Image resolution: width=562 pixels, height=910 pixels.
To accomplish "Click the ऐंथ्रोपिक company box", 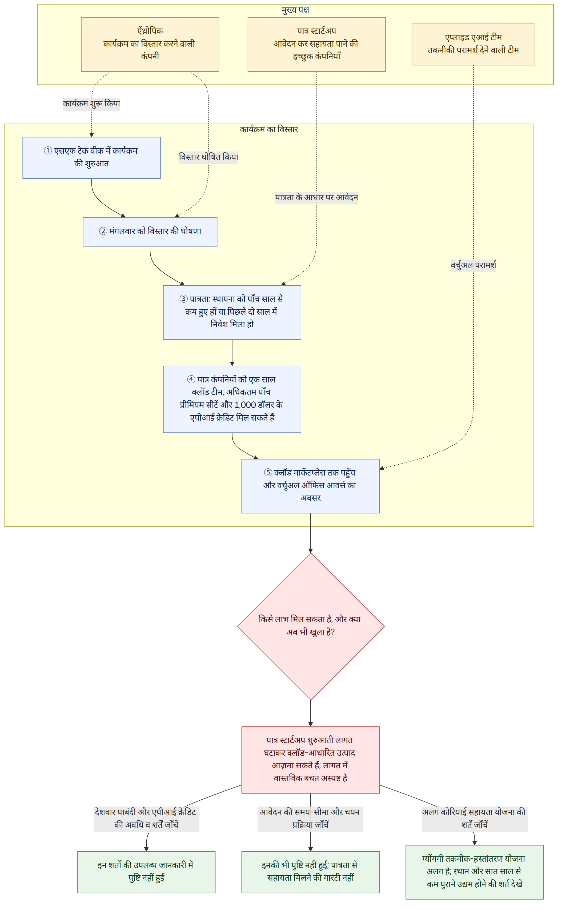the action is tap(150, 44).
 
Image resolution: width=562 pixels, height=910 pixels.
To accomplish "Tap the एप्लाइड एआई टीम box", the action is tap(473, 44).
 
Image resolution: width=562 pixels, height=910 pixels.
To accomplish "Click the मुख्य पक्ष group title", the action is tap(295, 10).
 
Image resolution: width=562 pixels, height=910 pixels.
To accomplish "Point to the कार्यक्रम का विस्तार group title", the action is tap(269, 129).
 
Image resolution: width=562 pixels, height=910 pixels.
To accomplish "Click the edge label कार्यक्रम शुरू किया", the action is tap(91, 104).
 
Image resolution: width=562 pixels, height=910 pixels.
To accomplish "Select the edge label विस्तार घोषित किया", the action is tap(208, 157).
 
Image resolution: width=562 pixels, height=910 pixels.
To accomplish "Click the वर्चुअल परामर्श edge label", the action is tap(473, 265).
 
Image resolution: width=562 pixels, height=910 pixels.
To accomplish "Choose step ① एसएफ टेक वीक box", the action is tap(91, 158).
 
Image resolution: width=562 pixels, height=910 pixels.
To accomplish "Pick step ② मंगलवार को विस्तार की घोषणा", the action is tap(150, 232).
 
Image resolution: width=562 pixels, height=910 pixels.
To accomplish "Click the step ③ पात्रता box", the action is tap(232, 312).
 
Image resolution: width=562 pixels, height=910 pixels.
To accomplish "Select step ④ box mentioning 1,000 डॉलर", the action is tap(232, 399).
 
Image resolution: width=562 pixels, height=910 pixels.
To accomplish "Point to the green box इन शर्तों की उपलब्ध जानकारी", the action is tap(146, 872).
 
